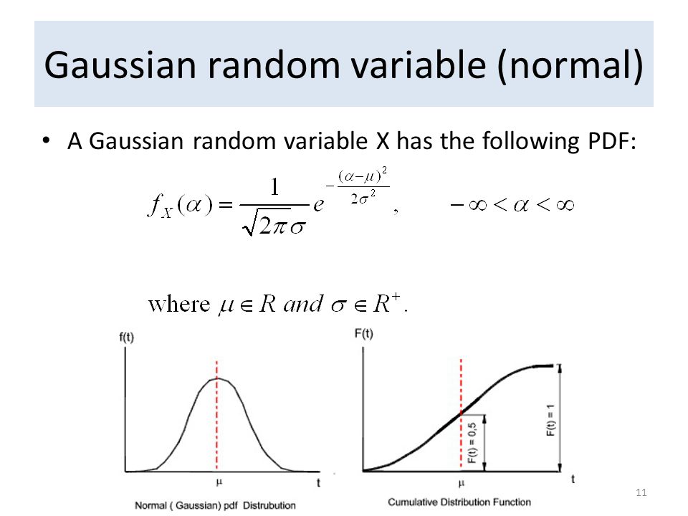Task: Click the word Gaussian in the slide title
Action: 120,65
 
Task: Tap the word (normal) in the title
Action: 570,66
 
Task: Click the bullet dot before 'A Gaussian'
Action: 46,141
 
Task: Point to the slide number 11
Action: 641,492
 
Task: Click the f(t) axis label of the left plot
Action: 126,337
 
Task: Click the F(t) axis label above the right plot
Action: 364,334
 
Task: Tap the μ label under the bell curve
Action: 219,482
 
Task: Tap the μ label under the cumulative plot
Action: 461,483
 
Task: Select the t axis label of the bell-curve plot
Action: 318,482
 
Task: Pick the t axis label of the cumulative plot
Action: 573,479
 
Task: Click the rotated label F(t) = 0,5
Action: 472,443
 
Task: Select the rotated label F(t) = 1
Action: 550,420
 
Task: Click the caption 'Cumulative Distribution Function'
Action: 459,502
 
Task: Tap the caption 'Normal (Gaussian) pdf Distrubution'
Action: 215,505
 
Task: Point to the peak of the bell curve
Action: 217,378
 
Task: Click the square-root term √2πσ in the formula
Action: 274,225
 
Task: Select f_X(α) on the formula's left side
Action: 180,205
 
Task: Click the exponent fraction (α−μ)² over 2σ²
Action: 363,186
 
